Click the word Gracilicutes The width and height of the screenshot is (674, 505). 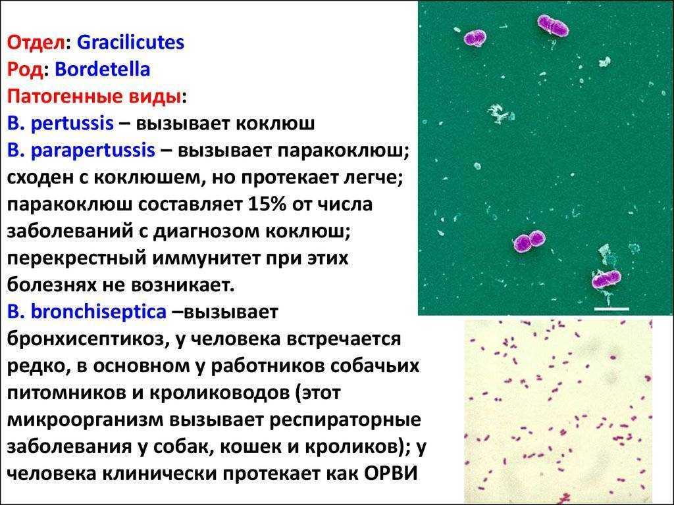[131, 43]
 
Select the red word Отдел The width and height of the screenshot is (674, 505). [37, 43]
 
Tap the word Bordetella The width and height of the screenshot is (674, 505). [103, 69]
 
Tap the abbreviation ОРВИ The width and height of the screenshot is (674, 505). [391, 473]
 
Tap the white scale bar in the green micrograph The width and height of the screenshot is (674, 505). [611, 308]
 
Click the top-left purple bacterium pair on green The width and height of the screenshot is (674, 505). [475, 37]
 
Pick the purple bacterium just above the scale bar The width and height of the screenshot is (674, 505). [606, 279]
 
